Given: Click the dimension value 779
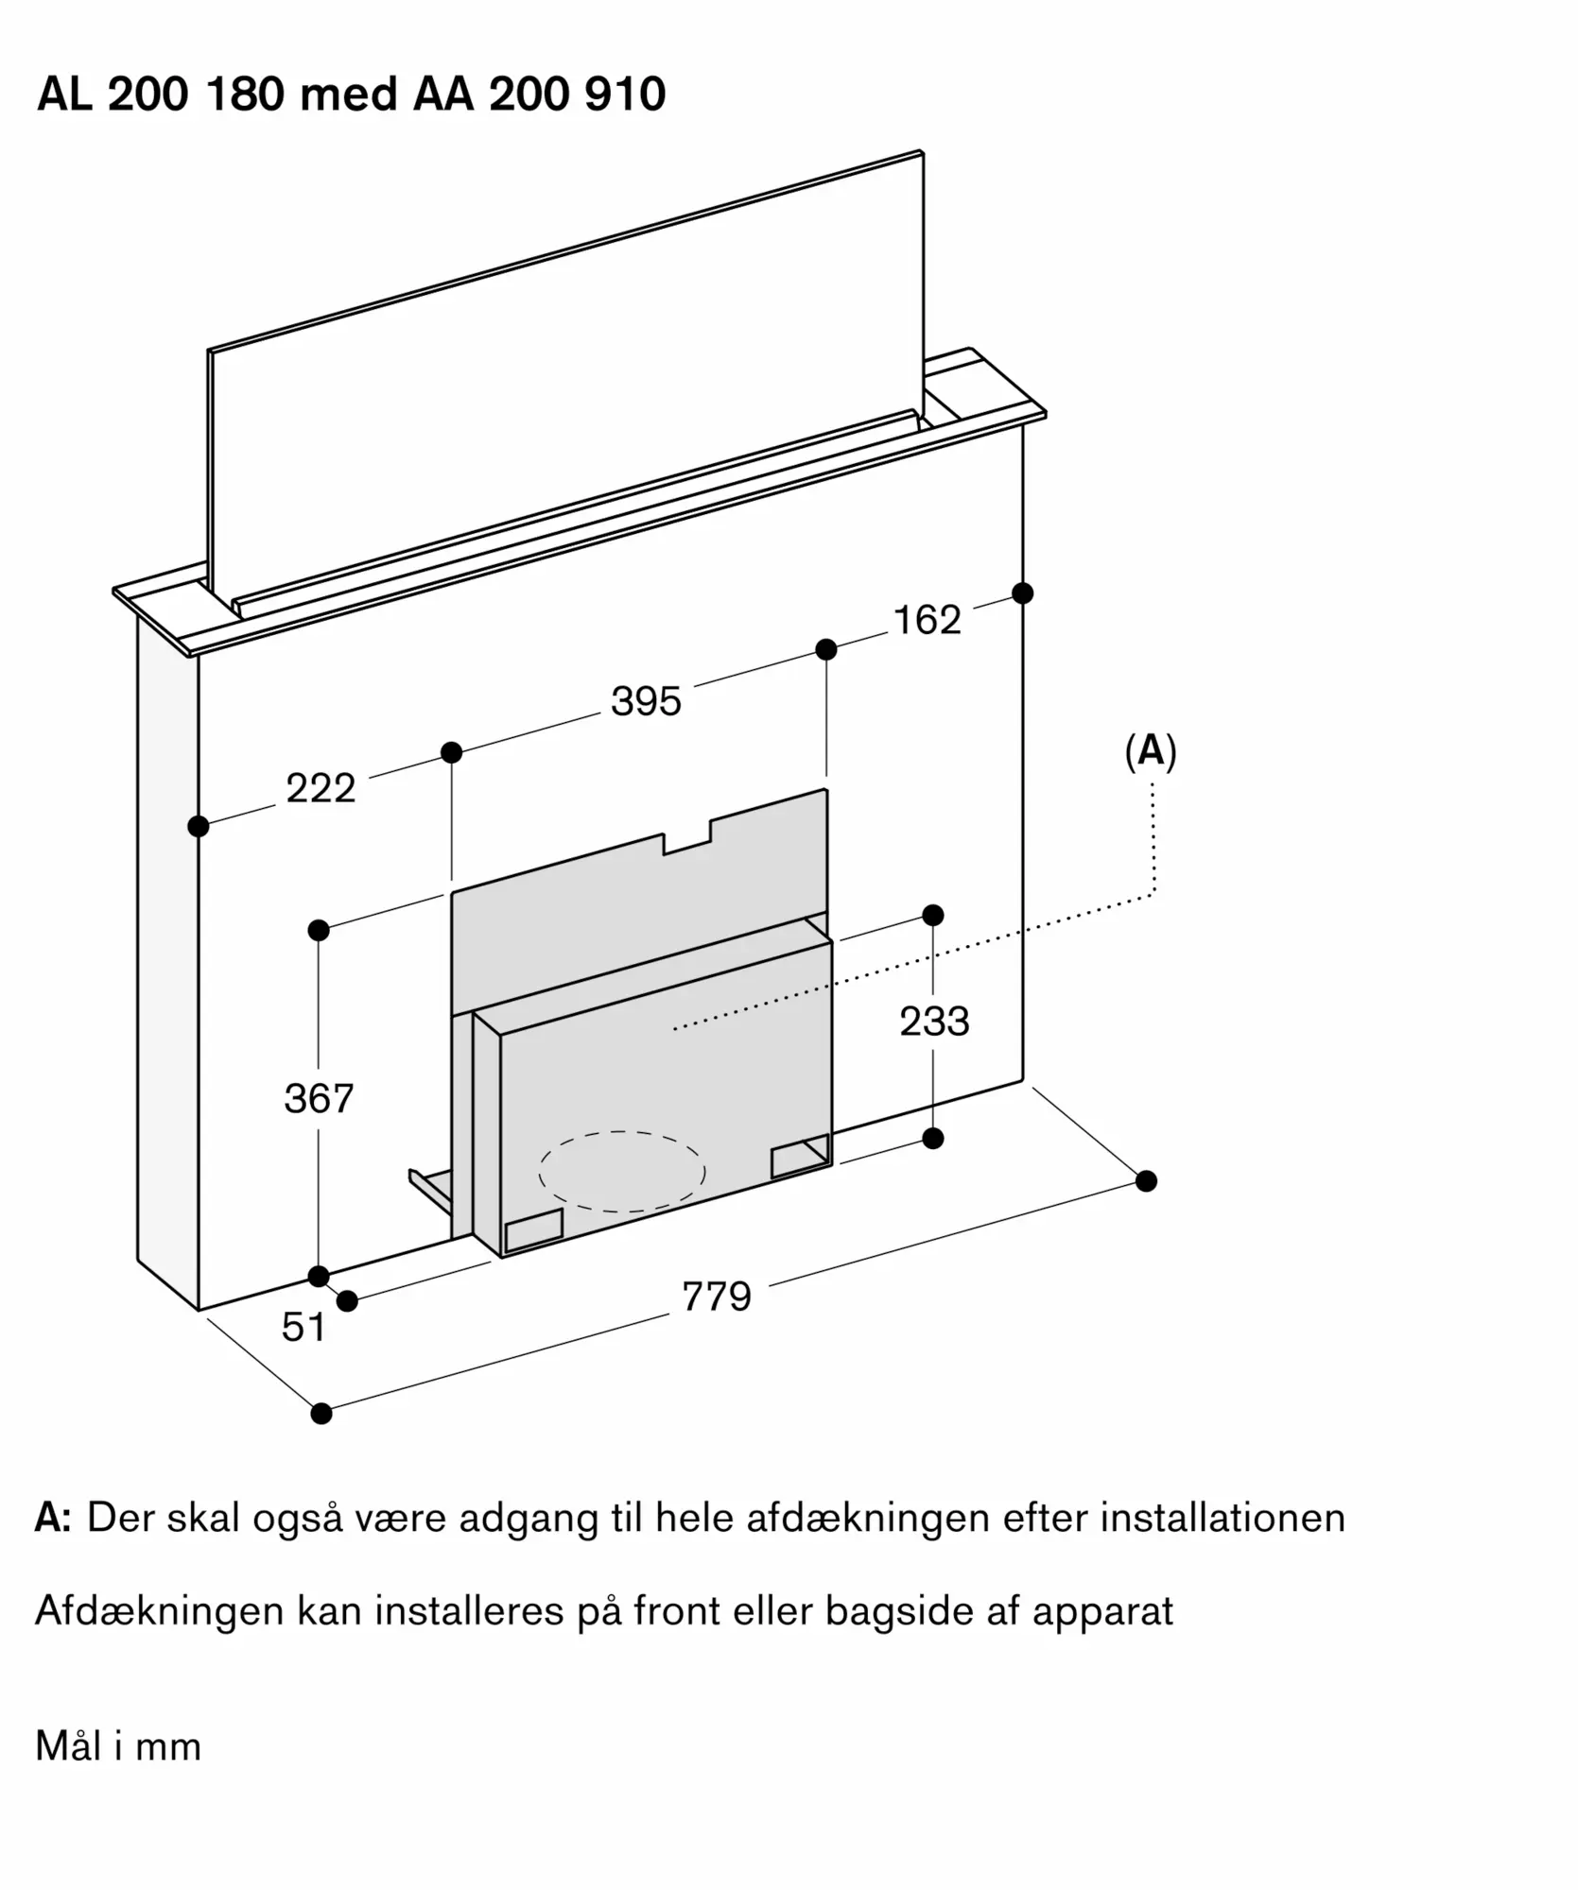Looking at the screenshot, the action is (x=717, y=1297).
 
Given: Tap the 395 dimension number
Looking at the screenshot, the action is (x=646, y=701).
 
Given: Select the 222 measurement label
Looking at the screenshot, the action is (x=321, y=788).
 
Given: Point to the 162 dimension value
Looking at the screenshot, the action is (x=927, y=620).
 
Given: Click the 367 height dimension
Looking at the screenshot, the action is (x=319, y=1099).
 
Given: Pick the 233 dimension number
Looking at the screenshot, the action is (x=934, y=1022).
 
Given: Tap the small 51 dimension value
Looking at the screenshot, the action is (x=303, y=1328).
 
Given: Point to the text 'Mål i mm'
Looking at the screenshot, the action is (x=118, y=1746).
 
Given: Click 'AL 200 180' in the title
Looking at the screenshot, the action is (x=161, y=94).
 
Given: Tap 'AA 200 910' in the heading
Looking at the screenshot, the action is (x=539, y=94).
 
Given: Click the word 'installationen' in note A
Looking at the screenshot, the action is (x=1223, y=1518).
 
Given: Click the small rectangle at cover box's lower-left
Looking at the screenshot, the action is (x=534, y=1230).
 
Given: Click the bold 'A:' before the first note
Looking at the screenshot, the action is (x=54, y=1518).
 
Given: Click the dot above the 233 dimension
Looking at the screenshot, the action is (x=933, y=915).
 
